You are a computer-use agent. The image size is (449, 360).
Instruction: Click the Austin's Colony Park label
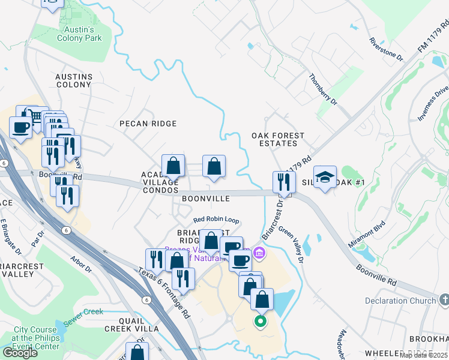point(79,34)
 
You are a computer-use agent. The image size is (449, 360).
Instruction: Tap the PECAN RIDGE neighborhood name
point(148,124)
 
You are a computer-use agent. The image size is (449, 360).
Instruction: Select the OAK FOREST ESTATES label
point(278,140)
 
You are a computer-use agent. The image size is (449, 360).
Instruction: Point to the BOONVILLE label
point(206,198)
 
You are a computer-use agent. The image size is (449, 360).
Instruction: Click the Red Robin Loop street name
point(215,220)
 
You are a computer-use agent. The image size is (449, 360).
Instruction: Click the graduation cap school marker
point(325,177)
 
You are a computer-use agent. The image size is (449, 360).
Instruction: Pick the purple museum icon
point(259,253)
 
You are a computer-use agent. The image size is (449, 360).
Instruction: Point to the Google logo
point(20,353)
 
